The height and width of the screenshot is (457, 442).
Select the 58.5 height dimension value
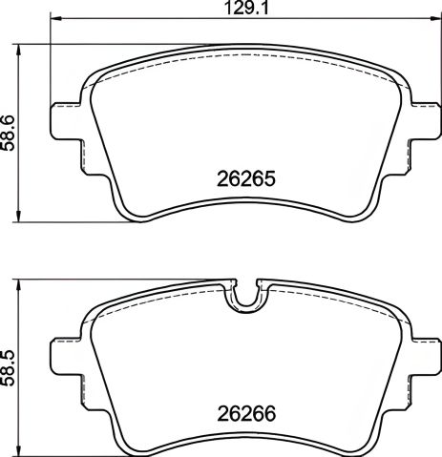tap(10, 367)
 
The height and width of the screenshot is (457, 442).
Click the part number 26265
tap(244, 178)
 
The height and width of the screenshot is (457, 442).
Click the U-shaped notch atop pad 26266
tap(245, 297)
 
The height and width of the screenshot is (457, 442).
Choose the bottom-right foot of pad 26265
tap(358, 210)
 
